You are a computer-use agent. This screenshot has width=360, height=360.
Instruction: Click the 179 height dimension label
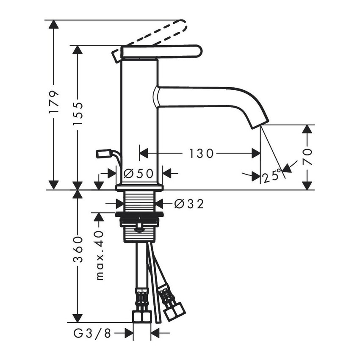[53, 102]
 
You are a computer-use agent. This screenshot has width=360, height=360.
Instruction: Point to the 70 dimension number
[307, 157]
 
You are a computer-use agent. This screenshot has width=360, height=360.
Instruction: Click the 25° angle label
[271, 176]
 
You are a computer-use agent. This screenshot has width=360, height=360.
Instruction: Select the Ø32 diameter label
[189, 204]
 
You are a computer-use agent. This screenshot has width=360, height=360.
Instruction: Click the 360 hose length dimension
[77, 249]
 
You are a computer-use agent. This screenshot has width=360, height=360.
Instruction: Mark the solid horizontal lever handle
[161, 51]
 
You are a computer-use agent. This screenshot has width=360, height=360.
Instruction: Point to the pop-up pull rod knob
[103, 153]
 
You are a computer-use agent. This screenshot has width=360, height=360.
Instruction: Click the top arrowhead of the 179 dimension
[53, 24]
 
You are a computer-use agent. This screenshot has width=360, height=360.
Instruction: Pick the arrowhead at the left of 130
[144, 153]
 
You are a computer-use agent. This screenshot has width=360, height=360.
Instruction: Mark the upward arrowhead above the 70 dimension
[307, 129]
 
